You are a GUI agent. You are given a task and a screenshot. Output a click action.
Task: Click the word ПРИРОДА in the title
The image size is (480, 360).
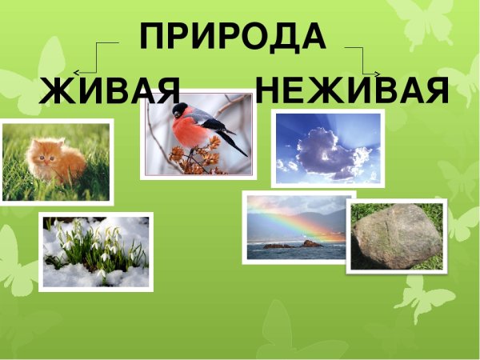[233, 37]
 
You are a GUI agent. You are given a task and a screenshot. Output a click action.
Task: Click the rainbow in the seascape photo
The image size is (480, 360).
[296, 220]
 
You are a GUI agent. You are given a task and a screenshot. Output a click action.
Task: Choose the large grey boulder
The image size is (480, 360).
[397, 235]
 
